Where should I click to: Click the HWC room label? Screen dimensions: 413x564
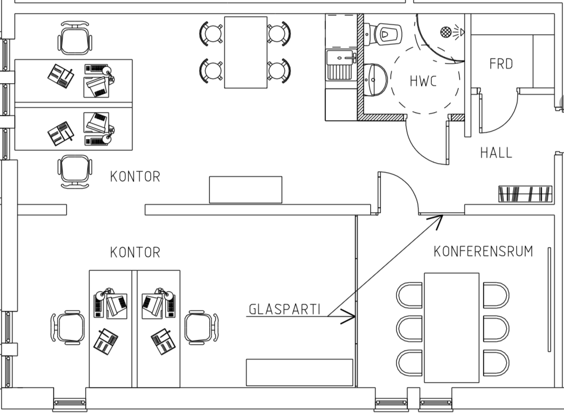tap(423, 81)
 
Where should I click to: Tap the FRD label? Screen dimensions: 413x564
tap(501, 64)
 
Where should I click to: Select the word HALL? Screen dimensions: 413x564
tap(496, 153)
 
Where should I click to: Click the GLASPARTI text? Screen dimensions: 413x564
tap(284, 309)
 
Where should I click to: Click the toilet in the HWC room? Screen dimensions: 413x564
tap(386, 34)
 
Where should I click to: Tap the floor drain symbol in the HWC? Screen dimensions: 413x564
tap(446, 32)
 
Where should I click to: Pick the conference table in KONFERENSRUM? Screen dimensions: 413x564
tap(452, 327)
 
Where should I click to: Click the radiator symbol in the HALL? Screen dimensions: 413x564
tap(525, 194)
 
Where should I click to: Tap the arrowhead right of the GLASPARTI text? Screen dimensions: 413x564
tap(350, 316)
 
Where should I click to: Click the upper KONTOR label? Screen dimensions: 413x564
tap(135, 177)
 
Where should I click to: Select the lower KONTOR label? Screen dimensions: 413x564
tap(135, 253)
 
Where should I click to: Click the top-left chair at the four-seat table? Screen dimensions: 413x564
tap(212, 33)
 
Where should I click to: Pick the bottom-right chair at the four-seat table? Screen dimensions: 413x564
tap(279, 71)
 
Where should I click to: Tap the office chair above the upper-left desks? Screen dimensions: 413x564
tap(75, 38)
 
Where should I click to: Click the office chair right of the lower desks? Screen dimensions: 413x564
tap(200, 328)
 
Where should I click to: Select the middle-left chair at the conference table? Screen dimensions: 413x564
tap(410, 328)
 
